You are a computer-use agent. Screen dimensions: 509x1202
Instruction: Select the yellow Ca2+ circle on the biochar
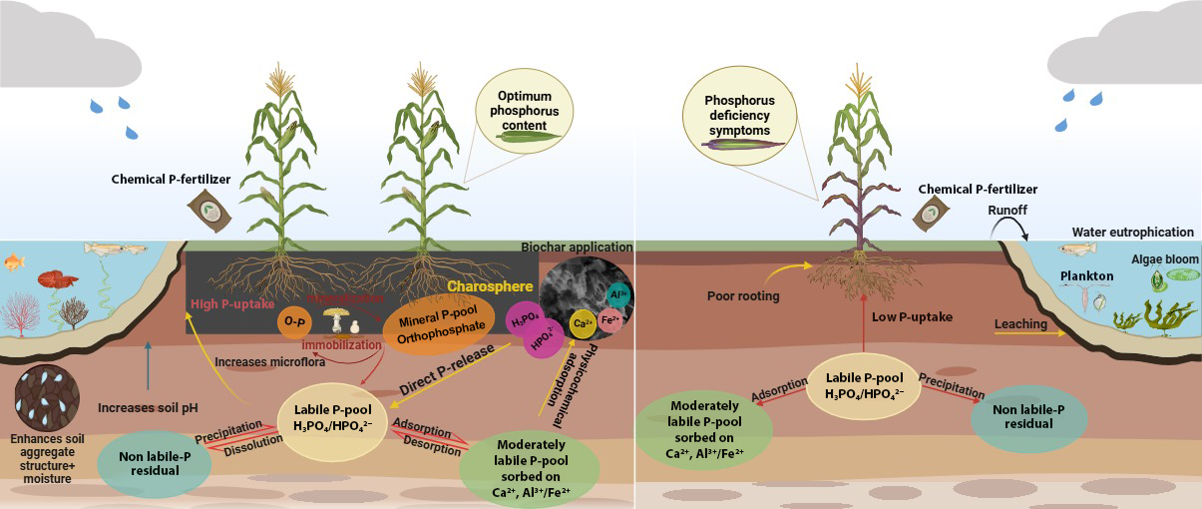pos(582,322)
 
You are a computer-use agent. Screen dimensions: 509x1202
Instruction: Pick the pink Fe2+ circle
pos(610,321)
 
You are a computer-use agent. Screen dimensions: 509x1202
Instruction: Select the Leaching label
pos(1019,324)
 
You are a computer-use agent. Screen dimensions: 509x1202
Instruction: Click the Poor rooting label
pos(741,295)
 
